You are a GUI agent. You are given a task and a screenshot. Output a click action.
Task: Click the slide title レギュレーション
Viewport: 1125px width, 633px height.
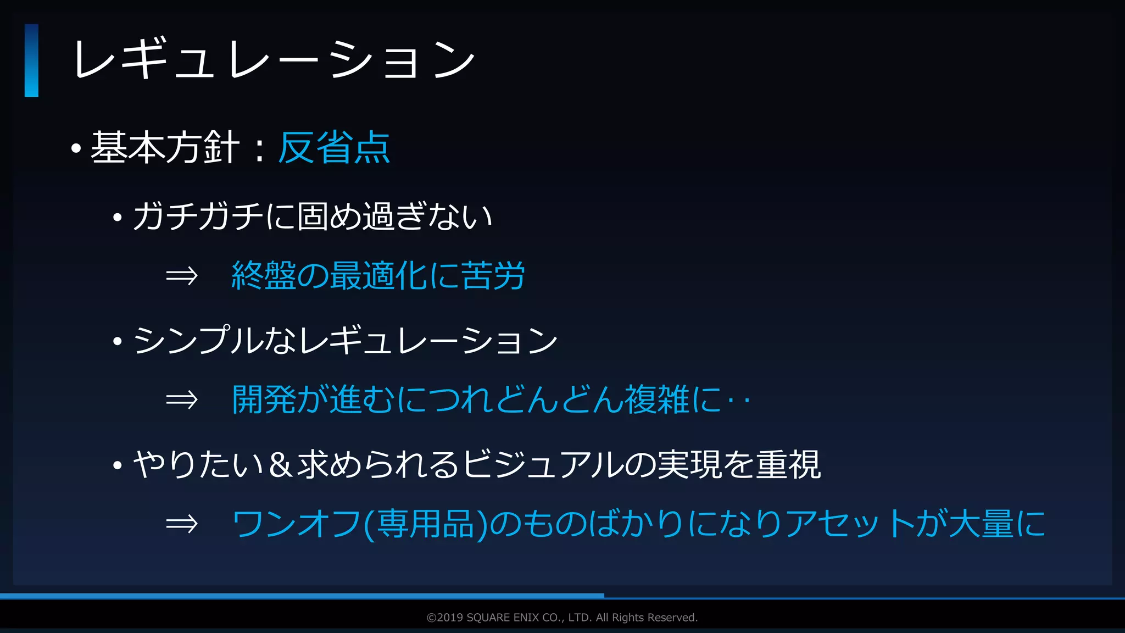[x=273, y=59]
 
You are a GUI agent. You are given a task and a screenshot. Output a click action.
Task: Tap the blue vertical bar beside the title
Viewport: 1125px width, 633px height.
[x=31, y=60]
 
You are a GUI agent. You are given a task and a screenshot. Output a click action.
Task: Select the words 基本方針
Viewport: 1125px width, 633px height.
[x=165, y=147]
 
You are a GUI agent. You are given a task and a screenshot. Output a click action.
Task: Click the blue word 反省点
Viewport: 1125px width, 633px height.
[x=334, y=147]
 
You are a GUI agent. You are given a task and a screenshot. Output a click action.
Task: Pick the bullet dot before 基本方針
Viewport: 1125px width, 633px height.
[x=76, y=148]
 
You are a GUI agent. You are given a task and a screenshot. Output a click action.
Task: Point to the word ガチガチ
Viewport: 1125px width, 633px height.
[x=198, y=216]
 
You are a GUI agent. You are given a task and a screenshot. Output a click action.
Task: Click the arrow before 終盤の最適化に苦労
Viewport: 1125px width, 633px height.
[x=182, y=275]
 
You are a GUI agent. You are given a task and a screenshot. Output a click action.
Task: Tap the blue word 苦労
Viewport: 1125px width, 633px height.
[x=493, y=275]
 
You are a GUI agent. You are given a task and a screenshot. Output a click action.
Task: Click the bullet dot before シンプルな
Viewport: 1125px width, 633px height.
[x=117, y=341]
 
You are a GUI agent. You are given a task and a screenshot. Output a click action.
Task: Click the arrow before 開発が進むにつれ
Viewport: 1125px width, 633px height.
[x=182, y=399]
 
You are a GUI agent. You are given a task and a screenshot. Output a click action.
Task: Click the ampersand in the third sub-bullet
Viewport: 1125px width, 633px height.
[x=280, y=464]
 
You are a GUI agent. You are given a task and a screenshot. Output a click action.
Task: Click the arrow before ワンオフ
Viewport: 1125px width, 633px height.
[x=182, y=524]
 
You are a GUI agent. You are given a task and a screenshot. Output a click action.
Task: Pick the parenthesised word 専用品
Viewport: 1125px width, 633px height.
[x=426, y=524]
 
